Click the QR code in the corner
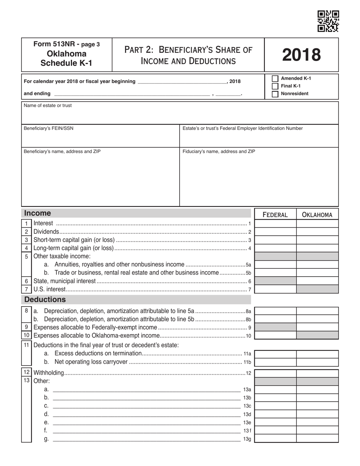pyautogui.click(x=328, y=21)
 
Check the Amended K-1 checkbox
pyautogui.click(x=275, y=78)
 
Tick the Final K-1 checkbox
pyautogui.click(x=275, y=86)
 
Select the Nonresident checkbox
pyautogui.click(x=275, y=94)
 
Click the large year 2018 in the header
pyautogui.click(x=301, y=55)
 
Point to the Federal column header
pyautogui.click(x=275, y=215)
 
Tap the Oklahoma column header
pyautogui.click(x=317, y=215)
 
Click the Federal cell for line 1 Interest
pyautogui.click(x=275, y=224)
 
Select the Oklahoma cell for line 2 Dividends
pyautogui.click(x=317, y=232)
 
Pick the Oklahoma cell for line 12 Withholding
pyautogui.click(x=317, y=373)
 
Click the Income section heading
pyautogui.click(x=38, y=213)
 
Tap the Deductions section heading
pyautogui.click(x=45, y=300)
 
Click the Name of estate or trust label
pyautogui.click(x=47, y=106)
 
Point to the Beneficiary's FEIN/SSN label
pyautogui.click(x=49, y=128)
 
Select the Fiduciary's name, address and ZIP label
pyautogui.click(x=219, y=152)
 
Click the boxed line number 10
pyautogui.click(x=26, y=335)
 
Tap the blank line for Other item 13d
pyautogui.click(x=146, y=414)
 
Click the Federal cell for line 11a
pyautogui.click(x=275, y=354)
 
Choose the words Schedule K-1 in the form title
pyautogui.click(x=66, y=63)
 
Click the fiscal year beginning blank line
pyautogui.click(x=182, y=82)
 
